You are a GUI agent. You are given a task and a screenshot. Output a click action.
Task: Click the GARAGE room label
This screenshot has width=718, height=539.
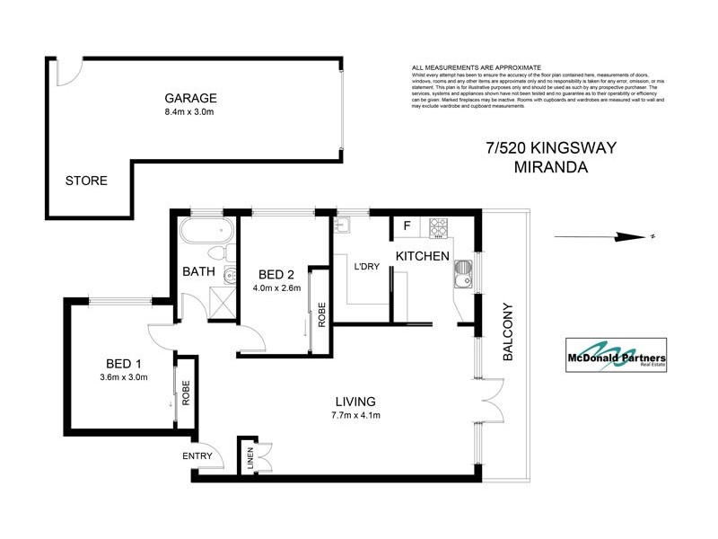[x=190, y=99]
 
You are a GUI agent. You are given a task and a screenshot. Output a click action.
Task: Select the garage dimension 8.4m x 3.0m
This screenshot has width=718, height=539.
[x=189, y=113]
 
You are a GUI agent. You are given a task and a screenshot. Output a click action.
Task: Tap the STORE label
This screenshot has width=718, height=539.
[x=86, y=181]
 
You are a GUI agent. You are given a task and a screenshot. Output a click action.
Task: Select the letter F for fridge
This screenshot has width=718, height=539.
[x=407, y=226]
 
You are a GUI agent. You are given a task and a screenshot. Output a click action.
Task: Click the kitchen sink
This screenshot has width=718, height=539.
[x=463, y=273]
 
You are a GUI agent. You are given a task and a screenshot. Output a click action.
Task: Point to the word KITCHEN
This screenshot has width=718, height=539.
[x=423, y=257]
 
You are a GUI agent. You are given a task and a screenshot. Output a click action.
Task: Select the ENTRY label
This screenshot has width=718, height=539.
[x=197, y=456]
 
